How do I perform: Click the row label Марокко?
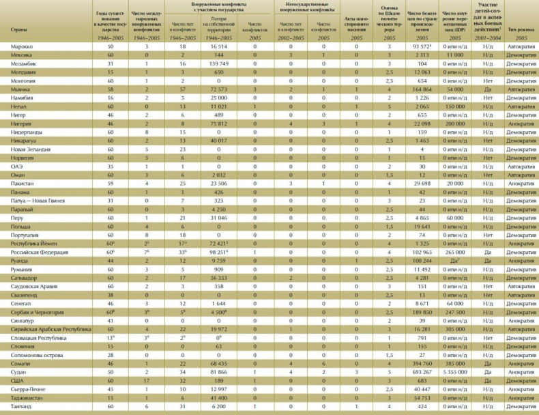[20, 46]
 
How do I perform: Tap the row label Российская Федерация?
[35, 252]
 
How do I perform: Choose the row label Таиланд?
[20, 407]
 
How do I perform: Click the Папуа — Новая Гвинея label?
[36, 201]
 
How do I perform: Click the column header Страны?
[19, 31]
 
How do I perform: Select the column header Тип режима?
[521, 31]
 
